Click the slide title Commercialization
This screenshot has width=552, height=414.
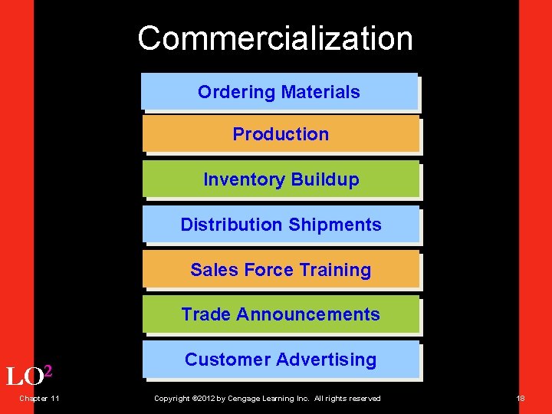[x=275, y=38]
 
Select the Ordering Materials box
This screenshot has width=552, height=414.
[x=279, y=92]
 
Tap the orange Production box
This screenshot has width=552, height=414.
[x=281, y=134]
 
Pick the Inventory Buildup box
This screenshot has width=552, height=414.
[x=281, y=179]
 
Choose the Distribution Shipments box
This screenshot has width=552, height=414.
[x=281, y=225]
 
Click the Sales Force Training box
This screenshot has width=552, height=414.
[x=281, y=270]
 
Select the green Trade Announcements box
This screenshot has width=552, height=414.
[x=281, y=314]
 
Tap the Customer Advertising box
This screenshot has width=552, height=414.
[x=281, y=360]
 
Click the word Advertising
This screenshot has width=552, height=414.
[x=328, y=360]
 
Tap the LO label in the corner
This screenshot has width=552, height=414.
[x=23, y=377]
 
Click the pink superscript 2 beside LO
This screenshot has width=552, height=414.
[x=48, y=372]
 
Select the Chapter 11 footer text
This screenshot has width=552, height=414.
[x=40, y=398]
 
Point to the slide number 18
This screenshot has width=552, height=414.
[x=521, y=398]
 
